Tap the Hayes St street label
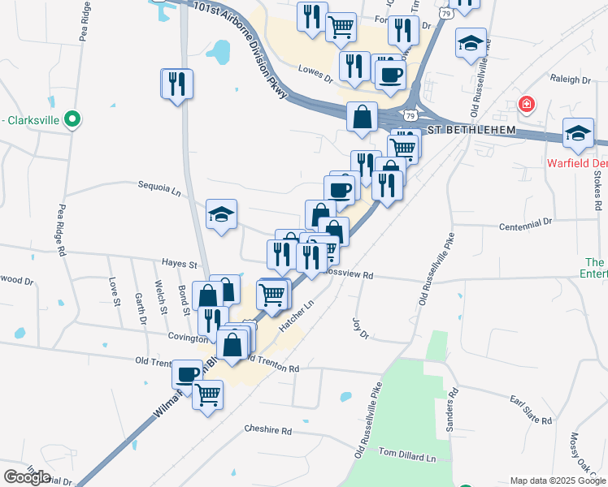[180, 265]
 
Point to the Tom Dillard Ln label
[407, 458]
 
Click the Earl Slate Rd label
[531, 410]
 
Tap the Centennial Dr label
[525, 221]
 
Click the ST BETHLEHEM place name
[471, 130]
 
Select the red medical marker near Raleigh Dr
[527, 105]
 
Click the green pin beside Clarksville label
[72, 120]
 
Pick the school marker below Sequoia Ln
[221, 215]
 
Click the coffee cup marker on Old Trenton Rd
[188, 374]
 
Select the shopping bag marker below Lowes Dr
[362, 118]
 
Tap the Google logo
[27, 477]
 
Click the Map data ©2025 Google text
[557, 481]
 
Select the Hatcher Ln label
[296, 316]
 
